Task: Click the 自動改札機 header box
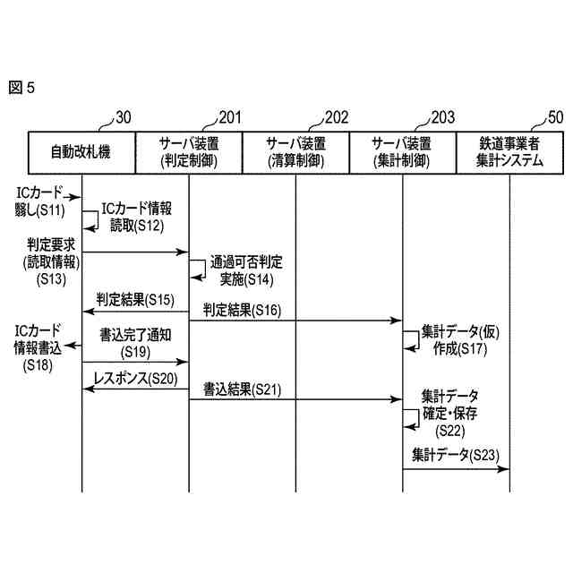coord(81,152)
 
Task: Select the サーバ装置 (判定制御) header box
coord(189,152)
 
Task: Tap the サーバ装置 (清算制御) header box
coord(295,152)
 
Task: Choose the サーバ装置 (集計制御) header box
coord(403,152)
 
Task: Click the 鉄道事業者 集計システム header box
coord(509,152)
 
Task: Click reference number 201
coord(230,117)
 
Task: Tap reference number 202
coord(337,117)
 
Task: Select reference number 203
coord(443,117)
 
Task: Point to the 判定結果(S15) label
coord(135,298)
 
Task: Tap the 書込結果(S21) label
coord(242,389)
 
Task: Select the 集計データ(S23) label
coord(456,455)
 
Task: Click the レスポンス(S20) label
coord(135,379)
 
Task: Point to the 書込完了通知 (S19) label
coord(136,345)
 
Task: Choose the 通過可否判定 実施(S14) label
coord(246,270)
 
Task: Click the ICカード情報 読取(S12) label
coord(136,216)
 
